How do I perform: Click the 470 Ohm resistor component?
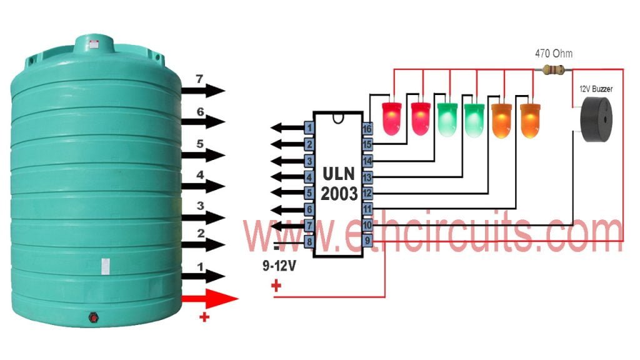(553, 70)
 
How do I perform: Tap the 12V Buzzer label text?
(596, 89)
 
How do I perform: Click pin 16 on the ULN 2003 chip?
(367, 129)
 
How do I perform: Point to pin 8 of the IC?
(309, 241)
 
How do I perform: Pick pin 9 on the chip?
(367, 241)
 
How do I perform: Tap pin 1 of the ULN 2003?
(309, 127)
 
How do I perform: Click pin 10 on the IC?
(367, 225)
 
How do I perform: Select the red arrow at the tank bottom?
(210, 299)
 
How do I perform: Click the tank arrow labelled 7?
(203, 90)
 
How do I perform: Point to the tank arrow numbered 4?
(203, 186)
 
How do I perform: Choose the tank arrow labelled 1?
(203, 276)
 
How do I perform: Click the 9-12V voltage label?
(279, 266)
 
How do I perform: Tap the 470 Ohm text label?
(554, 54)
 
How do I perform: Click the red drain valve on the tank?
(94, 317)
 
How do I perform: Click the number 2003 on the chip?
(339, 194)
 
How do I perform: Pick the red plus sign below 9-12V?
(276, 285)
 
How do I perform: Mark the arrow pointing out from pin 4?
(287, 177)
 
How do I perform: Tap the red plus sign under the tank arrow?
(204, 317)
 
